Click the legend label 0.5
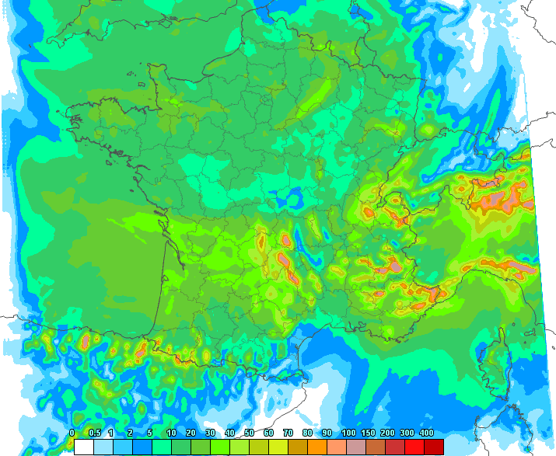[95, 433]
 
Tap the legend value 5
[150, 433]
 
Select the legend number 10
[170, 433]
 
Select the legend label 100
[348, 433]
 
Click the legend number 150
[366, 433]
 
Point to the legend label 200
[386, 433]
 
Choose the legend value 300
[406, 433]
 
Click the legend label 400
[426, 433]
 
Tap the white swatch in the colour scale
[84, 446]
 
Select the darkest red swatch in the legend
[434, 446]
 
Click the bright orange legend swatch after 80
[317, 446]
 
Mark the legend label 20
[191, 433]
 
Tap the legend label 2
[130, 433]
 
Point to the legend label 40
[229, 433]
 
